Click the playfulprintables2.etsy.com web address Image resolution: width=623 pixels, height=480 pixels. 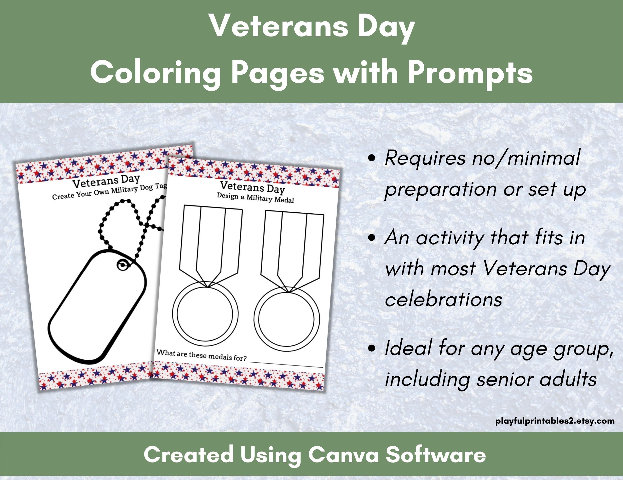pos(555,421)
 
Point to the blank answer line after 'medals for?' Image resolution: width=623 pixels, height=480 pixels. pos(286,363)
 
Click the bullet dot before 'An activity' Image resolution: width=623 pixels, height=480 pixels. pos(371,238)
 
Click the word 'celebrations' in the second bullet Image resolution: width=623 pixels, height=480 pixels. pos(443,300)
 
